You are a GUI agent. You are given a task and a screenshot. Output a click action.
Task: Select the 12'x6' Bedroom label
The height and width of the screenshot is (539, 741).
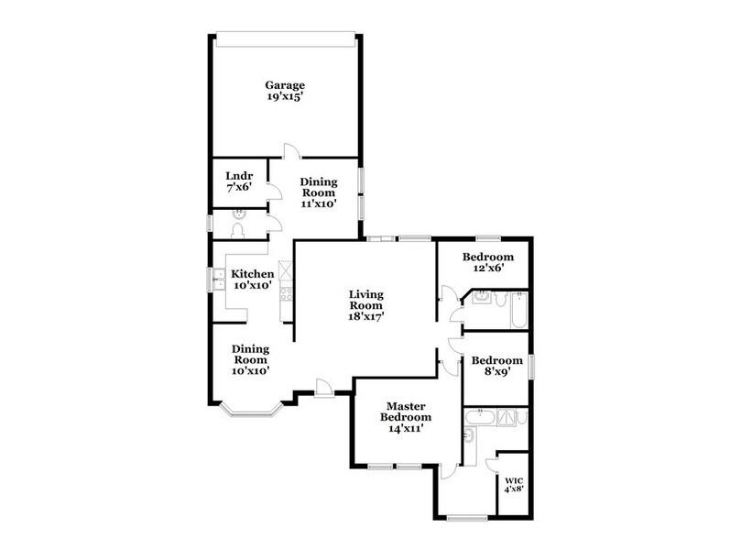487,257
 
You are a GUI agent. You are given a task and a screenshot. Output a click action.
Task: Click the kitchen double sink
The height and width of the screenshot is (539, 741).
220,278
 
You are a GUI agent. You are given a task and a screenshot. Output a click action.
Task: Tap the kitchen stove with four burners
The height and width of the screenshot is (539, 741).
285,294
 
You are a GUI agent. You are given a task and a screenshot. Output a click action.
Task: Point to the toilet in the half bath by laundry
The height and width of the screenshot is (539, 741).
237,229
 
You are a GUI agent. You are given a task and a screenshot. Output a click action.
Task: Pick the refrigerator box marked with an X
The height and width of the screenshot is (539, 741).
285,270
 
